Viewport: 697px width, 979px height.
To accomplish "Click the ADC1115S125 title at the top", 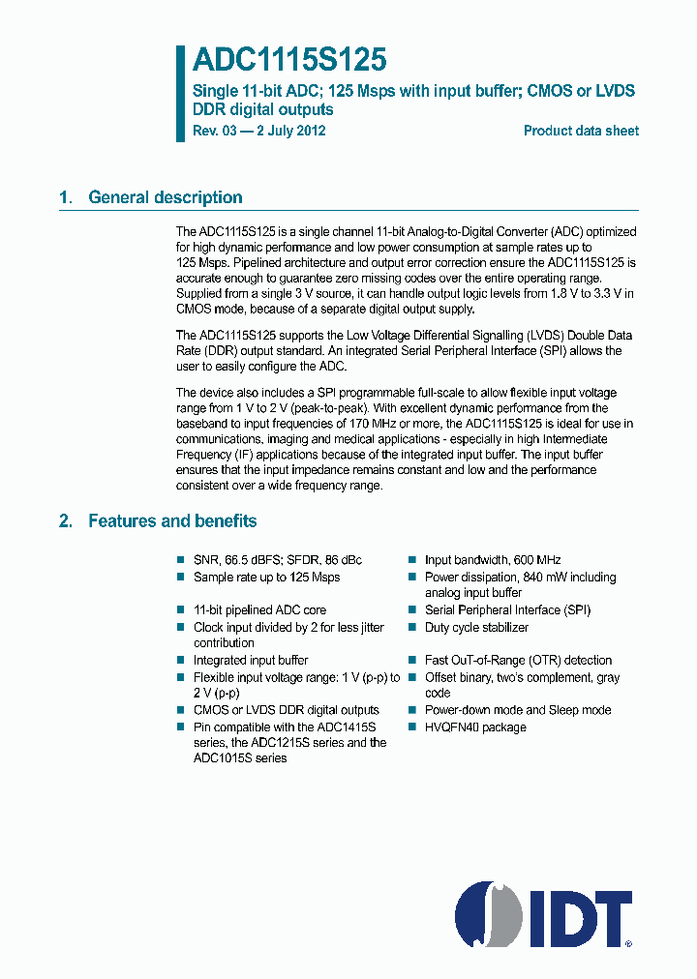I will coord(289,61).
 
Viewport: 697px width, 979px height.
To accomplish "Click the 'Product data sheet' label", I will coord(581,131).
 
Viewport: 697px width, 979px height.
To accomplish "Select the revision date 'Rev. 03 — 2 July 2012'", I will coord(258,131).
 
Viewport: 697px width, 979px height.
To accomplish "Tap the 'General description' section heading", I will coord(165,197).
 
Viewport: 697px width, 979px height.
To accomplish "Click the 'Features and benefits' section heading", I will coord(172,521).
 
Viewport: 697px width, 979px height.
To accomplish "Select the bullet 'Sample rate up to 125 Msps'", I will coord(266,577).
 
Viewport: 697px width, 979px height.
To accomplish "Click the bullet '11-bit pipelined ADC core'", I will coord(259,610).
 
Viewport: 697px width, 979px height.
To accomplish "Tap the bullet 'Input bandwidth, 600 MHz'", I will coord(493,560).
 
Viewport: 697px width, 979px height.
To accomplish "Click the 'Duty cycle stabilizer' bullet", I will coord(476,627).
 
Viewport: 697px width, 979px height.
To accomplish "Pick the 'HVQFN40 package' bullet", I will coord(475,727).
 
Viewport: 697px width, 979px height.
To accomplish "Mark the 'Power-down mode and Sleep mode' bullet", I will coord(518,710).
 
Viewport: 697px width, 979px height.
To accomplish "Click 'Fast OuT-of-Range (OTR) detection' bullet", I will coord(518,660).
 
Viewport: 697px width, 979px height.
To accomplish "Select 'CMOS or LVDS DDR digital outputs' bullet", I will coord(286,710).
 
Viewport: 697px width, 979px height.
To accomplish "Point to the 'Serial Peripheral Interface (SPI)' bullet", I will coord(507,610).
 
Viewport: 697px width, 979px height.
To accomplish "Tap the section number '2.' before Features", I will coord(65,521).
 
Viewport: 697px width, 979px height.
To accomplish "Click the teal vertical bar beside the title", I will coord(180,93).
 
